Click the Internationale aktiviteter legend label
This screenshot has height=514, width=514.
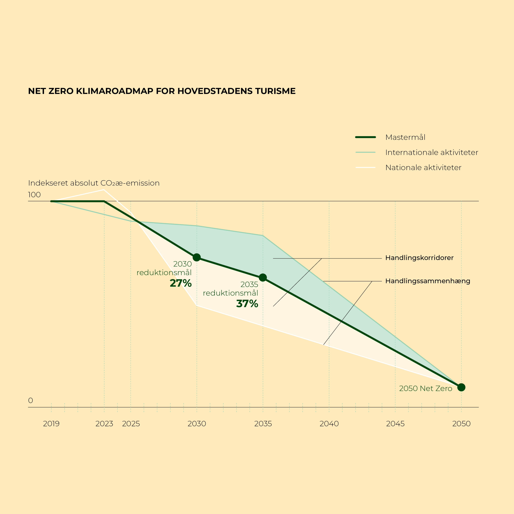pos(432,152)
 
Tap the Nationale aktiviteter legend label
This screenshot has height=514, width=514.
pos(423,168)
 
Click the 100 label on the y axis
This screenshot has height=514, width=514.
pos(34,195)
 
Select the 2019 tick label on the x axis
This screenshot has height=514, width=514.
pos(51,424)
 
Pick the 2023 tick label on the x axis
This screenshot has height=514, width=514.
pos(104,424)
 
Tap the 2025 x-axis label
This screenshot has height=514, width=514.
pos(131,424)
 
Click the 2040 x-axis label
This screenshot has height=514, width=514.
pos(329,424)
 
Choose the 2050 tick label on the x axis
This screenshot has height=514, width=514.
pos(461,424)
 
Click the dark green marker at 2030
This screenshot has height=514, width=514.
pos(197,257)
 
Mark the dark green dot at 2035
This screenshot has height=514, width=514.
pos(263,278)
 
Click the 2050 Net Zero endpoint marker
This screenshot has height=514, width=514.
pos(461,387)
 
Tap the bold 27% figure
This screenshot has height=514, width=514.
pos(181,283)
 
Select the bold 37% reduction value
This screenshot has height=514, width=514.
pos(247,304)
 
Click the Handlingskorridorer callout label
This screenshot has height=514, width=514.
pos(419,258)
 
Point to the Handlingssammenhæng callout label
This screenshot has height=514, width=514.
pos(427,281)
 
